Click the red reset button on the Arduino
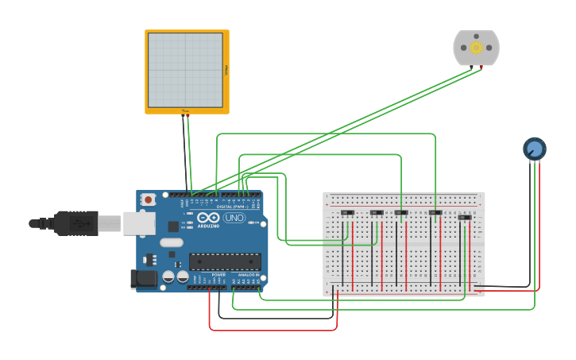148,200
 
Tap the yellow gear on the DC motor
476,47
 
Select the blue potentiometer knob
535,149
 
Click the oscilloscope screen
185,70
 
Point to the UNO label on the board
234,218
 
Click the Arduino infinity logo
209,217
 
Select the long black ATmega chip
225,261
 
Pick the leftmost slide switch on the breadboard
347,212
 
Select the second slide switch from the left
377,212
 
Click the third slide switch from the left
401,212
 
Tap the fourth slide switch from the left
435,212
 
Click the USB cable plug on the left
76,223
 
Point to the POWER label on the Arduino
218,274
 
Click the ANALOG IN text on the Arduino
248,274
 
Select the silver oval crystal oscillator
171,242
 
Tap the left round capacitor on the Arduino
168,277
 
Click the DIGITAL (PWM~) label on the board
231,207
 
